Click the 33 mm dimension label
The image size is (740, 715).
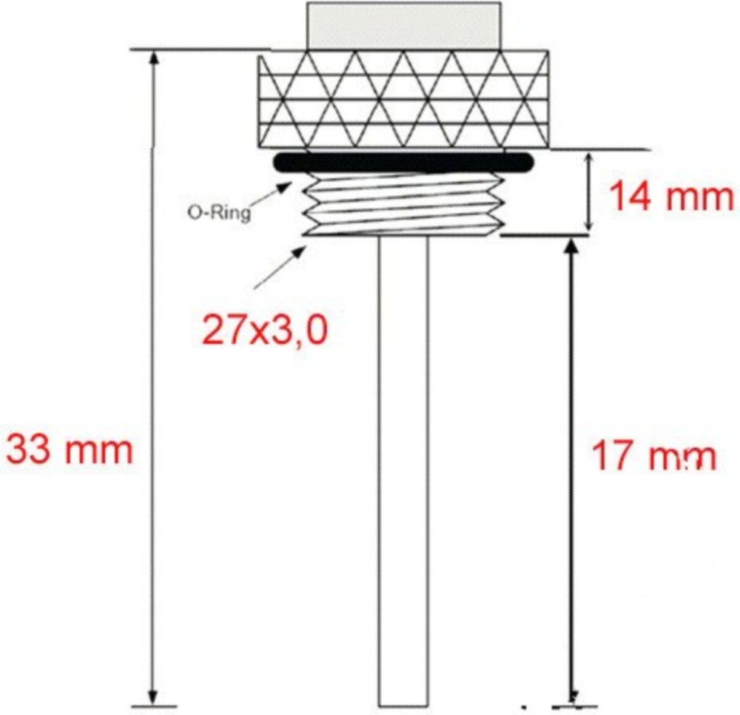(70, 451)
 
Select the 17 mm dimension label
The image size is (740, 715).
(653, 456)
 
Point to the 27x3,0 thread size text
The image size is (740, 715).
(264, 331)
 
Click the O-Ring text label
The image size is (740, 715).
(219, 213)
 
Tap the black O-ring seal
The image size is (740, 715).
(403, 162)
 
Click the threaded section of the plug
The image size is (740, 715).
(403, 204)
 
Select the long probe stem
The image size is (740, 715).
(403, 471)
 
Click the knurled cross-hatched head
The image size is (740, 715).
(403, 99)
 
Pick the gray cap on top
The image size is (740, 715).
(403, 25)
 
